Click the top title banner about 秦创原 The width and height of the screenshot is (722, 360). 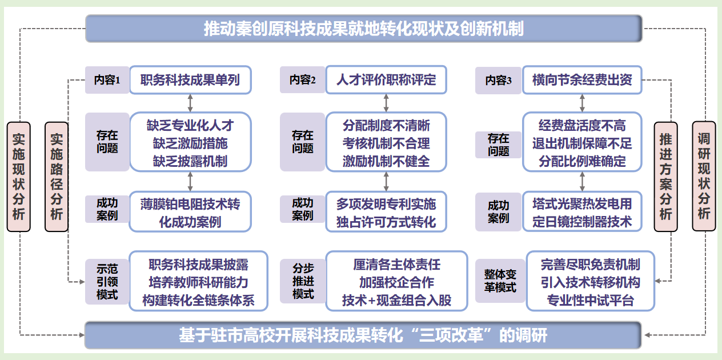pos(364,29)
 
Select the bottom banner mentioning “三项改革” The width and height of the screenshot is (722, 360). pos(363,335)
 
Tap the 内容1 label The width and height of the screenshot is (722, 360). pos(107,80)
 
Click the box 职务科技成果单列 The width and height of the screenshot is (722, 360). pos(190,80)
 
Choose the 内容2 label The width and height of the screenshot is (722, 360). pos(302,80)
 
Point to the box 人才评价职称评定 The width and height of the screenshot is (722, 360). pos(386,80)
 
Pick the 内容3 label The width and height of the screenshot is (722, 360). pos(498,81)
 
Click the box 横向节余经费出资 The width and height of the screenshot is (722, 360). pos(582,80)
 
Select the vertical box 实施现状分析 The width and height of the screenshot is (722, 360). pos(19,177)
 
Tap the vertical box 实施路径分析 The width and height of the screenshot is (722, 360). pos(57,177)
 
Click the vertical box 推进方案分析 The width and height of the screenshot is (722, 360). pos(666,177)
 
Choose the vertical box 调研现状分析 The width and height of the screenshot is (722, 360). pos(704,177)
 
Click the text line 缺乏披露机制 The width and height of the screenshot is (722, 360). pos(190,161)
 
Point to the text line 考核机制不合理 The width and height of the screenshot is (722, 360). pos(386,143)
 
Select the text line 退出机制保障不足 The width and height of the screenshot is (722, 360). pos(582,143)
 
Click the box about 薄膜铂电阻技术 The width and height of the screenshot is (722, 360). pos(190,212)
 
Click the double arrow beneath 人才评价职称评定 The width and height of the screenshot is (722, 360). pos(387,103)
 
